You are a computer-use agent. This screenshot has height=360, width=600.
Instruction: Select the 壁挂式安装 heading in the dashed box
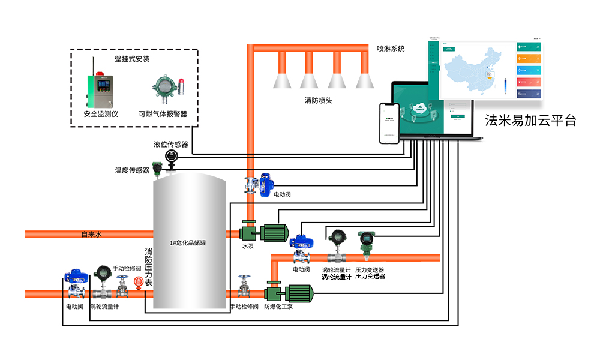(x=132, y=59)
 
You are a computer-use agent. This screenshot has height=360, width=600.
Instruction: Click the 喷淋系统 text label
(x=391, y=49)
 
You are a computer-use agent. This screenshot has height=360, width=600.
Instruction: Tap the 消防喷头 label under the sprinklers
(x=318, y=100)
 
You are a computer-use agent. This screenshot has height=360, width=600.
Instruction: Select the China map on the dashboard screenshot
(x=471, y=69)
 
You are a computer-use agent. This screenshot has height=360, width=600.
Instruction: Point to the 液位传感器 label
(x=171, y=145)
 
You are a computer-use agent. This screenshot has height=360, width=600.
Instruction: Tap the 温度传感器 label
(x=132, y=170)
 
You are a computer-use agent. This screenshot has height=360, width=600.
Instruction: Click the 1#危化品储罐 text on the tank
(x=190, y=243)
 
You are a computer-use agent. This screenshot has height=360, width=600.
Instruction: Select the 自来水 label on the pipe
(x=92, y=234)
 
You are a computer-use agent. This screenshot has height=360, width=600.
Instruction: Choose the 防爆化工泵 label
(x=278, y=307)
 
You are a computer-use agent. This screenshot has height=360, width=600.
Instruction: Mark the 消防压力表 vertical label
(x=148, y=267)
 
